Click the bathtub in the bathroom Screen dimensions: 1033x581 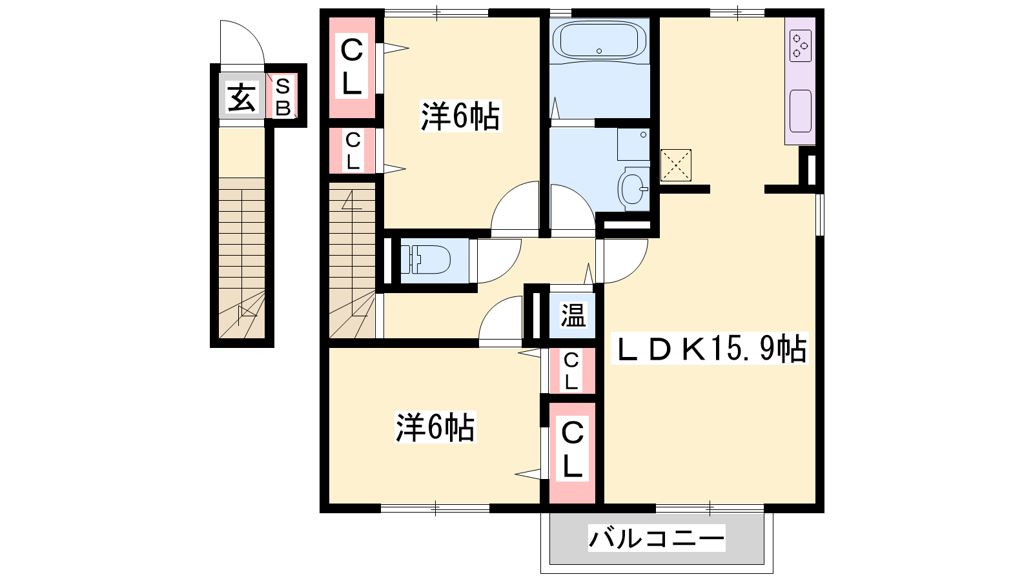coord(599,40)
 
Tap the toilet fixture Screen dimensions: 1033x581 coord(425,260)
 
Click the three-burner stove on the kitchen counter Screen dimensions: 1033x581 coord(801,46)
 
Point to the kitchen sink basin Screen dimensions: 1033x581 coord(801,111)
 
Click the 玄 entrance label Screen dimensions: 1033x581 coord(241,98)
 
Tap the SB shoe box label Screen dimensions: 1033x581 coord(283,97)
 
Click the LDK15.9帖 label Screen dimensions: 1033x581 coord(710,349)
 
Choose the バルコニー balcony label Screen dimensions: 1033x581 coord(657,538)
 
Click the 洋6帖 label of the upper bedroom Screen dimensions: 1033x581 coord(460,116)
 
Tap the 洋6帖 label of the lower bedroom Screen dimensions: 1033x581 coord(435,427)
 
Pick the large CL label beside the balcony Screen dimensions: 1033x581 coord(572,449)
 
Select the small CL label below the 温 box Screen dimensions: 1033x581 coord(571,371)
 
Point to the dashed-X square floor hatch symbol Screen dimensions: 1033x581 coord(675,165)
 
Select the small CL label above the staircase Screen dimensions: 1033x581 coord(353,150)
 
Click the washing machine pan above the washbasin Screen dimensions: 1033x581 coord(633,144)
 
